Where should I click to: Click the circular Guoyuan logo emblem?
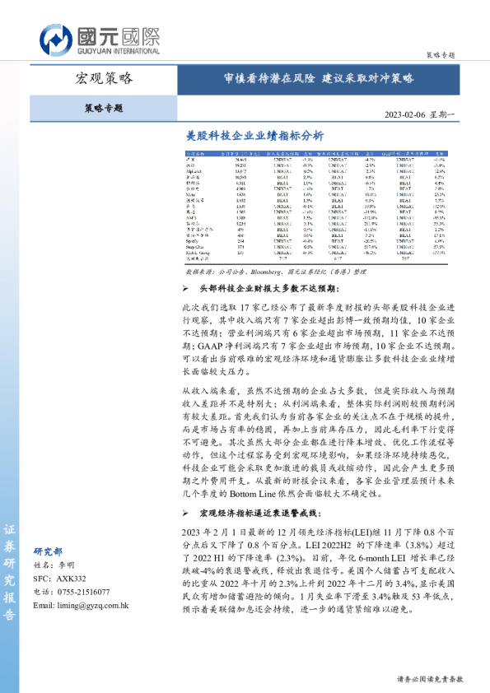pyautogui.click(x=55, y=39)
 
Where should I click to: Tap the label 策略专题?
pyautogui.click(x=104, y=108)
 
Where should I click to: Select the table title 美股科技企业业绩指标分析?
pyautogui.click(x=254, y=135)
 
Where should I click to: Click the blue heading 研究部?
pyautogui.click(x=48, y=552)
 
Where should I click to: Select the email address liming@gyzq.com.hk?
pyautogui.click(x=81, y=605)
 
